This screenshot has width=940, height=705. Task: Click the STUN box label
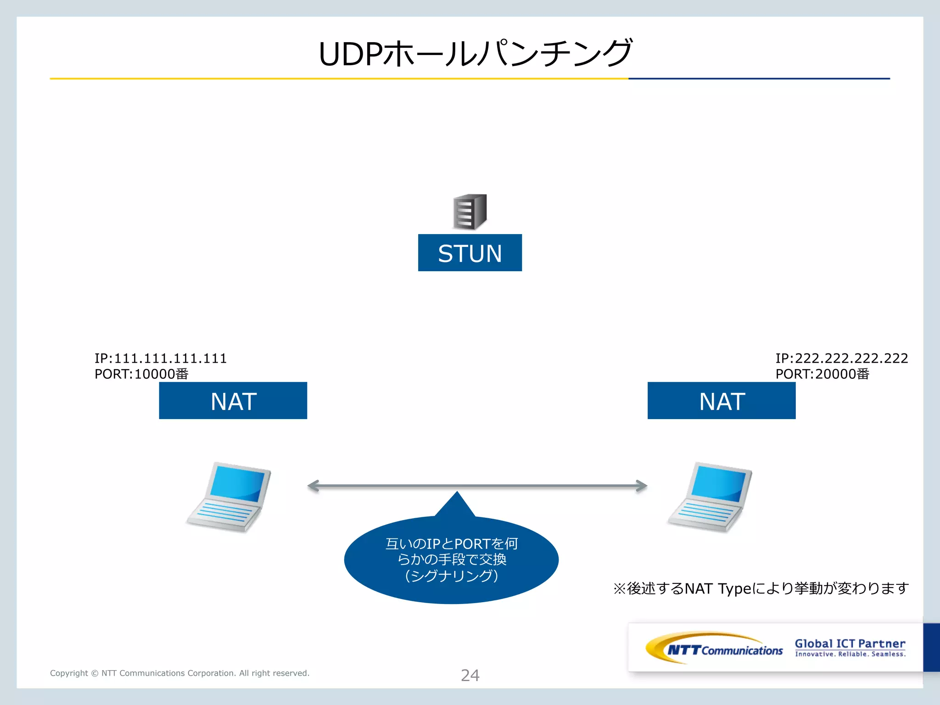click(x=470, y=253)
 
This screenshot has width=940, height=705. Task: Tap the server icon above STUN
click(x=470, y=212)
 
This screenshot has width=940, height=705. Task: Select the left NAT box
click(x=233, y=401)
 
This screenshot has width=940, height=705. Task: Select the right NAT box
click(x=721, y=401)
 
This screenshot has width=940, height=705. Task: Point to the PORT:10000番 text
click(x=141, y=374)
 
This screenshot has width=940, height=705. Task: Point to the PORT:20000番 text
click(x=822, y=374)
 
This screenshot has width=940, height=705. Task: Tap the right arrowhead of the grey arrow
click(x=641, y=486)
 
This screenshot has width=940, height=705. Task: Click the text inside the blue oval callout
click(x=452, y=560)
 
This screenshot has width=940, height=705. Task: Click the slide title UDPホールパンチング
click(x=475, y=54)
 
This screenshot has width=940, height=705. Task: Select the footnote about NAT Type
click(x=761, y=588)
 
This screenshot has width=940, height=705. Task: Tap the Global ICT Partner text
click(x=850, y=643)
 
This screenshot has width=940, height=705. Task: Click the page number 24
click(x=470, y=675)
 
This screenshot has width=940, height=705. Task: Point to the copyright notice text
click(x=179, y=673)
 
